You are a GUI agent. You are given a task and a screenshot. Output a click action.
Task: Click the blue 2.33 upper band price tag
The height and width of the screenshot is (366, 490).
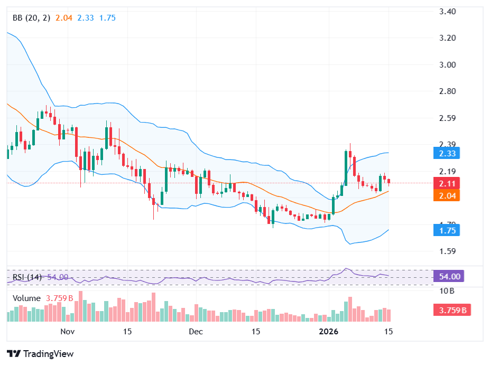(x=451, y=154)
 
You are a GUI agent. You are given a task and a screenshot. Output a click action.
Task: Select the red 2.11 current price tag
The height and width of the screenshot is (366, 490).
(x=451, y=183)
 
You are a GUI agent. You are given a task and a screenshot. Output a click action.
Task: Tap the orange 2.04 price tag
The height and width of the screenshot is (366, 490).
(x=451, y=195)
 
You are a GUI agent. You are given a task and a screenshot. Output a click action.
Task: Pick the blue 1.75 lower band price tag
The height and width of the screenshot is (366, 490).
(x=451, y=230)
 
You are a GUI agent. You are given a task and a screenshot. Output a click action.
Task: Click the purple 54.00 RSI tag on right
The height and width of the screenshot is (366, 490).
(x=451, y=276)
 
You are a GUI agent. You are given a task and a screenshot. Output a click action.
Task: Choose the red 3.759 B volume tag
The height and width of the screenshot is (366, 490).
(x=451, y=310)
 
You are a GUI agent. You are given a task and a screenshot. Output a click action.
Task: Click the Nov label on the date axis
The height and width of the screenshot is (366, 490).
(x=67, y=332)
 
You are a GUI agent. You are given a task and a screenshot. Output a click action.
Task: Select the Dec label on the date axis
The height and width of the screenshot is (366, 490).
(x=196, y=332)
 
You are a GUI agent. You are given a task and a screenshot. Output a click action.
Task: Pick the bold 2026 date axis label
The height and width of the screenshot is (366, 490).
(x=329, y=332)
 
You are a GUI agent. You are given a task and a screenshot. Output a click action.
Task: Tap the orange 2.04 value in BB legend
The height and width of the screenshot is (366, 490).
(x=63, y=18)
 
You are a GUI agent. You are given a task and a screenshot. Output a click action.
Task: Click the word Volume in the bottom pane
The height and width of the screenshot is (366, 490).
(x=26, y=298)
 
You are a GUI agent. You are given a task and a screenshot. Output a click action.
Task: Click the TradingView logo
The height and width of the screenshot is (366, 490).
(x=40, y=354)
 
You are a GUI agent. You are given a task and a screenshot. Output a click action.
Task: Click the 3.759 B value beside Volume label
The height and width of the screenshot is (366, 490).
(x=59, y=298)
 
